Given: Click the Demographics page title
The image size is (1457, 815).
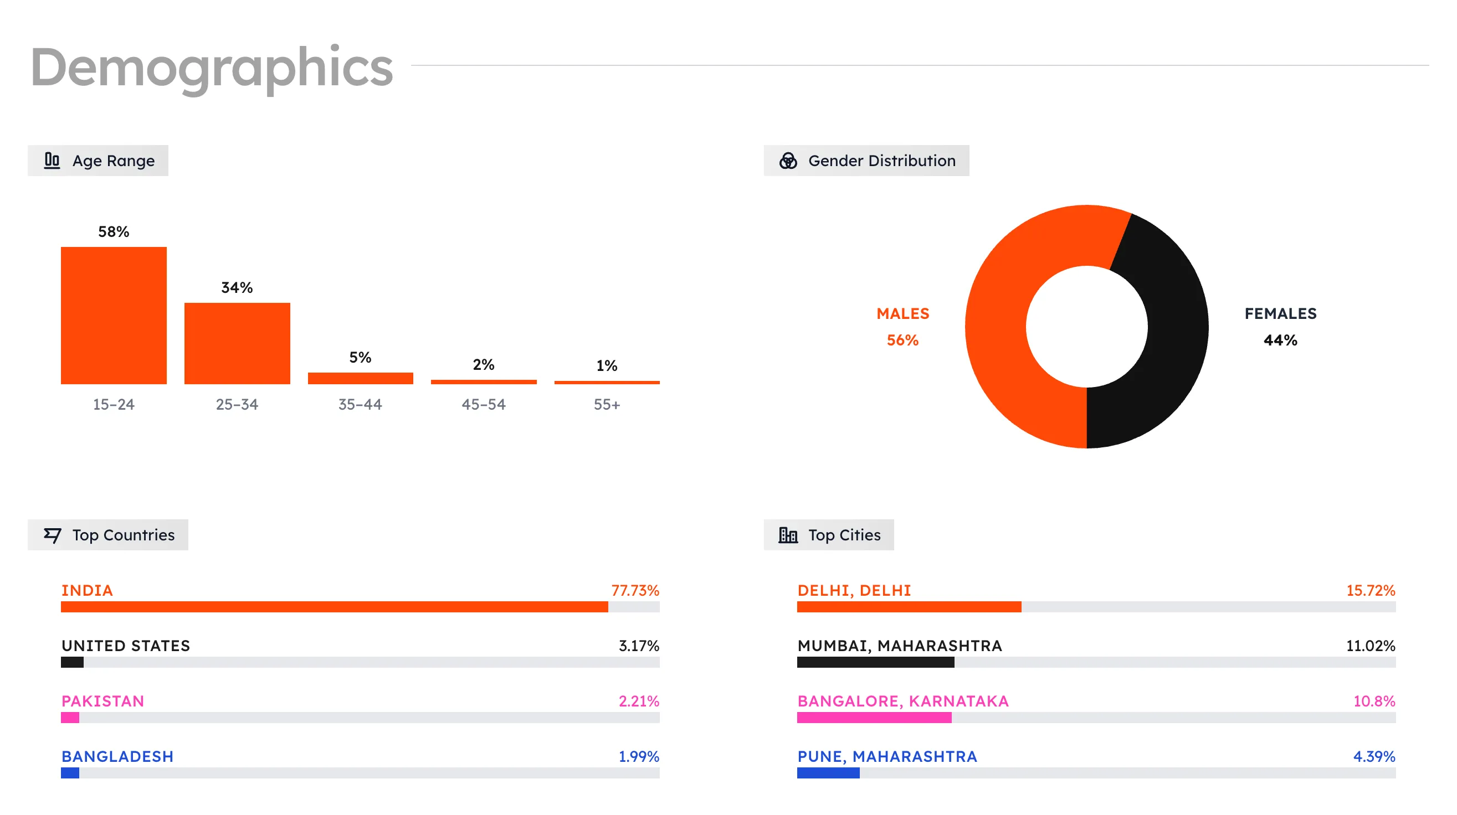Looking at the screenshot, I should [x=212, y=68].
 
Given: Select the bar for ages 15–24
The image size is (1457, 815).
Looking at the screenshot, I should [x=114, y=316].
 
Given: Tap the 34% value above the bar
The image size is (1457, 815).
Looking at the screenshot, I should [x=237, y=288].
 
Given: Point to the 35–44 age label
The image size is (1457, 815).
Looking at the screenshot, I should [x=360, y=404].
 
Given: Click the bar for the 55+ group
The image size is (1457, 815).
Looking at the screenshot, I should [x=606, y=383].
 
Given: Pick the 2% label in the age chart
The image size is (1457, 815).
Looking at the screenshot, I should [x=483, y=364].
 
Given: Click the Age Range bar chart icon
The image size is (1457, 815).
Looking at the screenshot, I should [x=52, y=161].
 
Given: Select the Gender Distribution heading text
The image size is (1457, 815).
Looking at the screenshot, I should [x=881, y=161].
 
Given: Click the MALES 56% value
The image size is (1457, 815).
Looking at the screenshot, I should [x=902, y=341].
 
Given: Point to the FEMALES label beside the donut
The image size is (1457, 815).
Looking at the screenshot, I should [x=1280, y=314].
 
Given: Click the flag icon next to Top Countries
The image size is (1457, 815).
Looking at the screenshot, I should [x=52, y=535].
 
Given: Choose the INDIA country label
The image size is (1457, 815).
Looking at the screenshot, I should [x=87, y=591].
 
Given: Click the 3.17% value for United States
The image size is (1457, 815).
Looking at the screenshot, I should [x=639, y=646].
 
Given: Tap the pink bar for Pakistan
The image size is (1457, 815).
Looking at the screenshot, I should [x=70, y=718].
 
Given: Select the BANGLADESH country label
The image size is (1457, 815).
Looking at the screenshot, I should [x=117, y=756].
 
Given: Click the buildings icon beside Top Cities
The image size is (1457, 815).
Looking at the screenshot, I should [x=788, y=535].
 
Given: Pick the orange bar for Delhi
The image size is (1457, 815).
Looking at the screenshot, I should [x=909, y=607].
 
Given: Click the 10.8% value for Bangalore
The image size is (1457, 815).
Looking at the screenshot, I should [x=1373, y=701].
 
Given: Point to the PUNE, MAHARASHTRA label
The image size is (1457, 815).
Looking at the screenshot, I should [x=887, y=756].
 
